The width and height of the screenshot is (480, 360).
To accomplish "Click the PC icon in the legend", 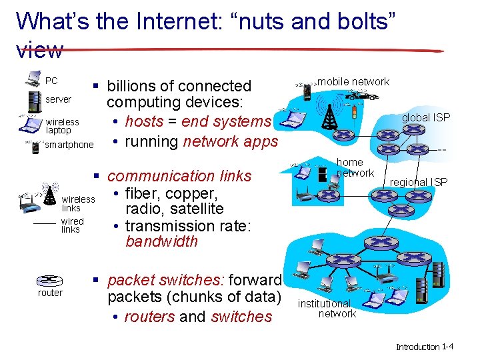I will [x=33, y=80].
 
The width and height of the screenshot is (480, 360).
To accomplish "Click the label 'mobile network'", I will [x=353, y=81].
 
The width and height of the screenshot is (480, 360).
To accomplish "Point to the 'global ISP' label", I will [x=425, y=118].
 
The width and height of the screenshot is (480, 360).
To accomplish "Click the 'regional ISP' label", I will [x=419, y=182].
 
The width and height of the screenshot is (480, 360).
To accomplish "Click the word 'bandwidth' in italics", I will [x=161, y=241].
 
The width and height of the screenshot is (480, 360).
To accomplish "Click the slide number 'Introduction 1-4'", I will [x=425, y=347].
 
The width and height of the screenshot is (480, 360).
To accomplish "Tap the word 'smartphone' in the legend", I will [x=70, y=145].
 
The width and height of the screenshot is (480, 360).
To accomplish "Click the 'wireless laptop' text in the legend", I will [x=63, y=126].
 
